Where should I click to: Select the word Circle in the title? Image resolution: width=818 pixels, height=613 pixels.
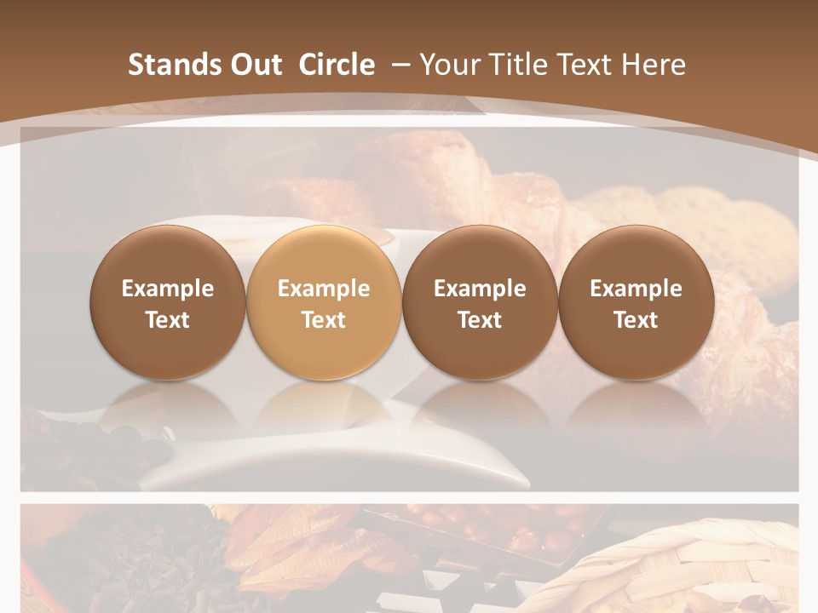pos(337,65)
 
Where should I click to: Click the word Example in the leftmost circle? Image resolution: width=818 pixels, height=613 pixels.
pos(168,289)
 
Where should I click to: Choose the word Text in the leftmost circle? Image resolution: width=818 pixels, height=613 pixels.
pos(168,320)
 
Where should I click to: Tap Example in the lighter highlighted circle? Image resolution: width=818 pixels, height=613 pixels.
pos(324,289)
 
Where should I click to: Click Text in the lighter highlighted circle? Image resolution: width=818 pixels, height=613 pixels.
pos(324,320)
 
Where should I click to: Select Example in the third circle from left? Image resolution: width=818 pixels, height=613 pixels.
pos(480,289)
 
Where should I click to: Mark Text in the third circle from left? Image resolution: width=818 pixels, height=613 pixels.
pos(480,320)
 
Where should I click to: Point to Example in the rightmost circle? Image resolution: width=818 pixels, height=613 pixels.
pos(637,289)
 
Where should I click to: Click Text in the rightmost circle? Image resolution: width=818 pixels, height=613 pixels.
pos(637,320)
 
